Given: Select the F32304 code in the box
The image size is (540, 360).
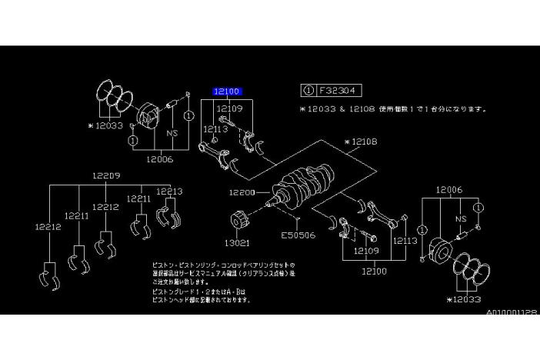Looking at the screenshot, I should (x=338, y=90).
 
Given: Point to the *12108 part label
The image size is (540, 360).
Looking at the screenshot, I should (x=361, y=142).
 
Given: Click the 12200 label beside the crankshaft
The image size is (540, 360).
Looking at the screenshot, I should (x=242, y=192).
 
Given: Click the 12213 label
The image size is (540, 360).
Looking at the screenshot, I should (x=169, y=192).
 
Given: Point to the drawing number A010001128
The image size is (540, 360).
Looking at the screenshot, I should (x=511, y=312).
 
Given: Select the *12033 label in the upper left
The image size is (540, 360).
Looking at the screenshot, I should (x=107, y=124).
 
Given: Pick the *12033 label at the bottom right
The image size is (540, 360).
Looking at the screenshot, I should (x=467, y=298).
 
